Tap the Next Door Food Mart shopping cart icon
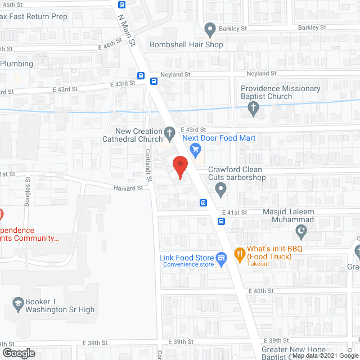point(195,149)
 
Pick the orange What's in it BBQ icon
point(239,254)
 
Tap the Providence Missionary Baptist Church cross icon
point(254,108)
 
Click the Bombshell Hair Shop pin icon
point(210,28)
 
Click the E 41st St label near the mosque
point(236,213)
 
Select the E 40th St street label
point(262,291)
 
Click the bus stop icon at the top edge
point(122,4)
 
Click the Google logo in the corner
point(18,353)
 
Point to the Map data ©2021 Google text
point(325,355)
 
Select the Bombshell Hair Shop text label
point(186,44)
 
